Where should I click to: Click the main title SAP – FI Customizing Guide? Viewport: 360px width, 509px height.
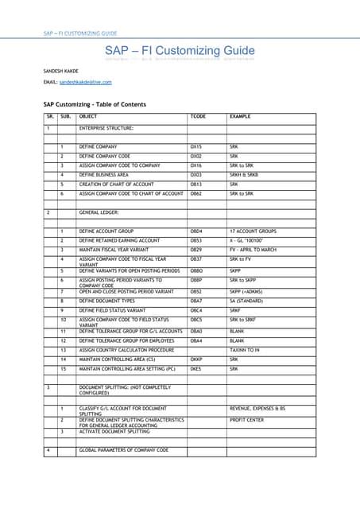[180, 52]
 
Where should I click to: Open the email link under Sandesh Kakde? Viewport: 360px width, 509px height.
[85, 82]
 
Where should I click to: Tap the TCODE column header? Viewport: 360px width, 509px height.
[198, 117]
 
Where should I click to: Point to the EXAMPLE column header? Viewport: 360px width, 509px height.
[240, 117]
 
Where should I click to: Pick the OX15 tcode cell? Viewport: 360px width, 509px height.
[196, 147]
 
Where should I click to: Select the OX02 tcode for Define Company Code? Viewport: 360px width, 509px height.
[196, 157]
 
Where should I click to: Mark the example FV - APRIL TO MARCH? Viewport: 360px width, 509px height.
[254, 249]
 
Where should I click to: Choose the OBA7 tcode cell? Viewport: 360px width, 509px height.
[196, 301]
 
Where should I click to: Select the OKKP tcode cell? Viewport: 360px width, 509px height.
[196, 359]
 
